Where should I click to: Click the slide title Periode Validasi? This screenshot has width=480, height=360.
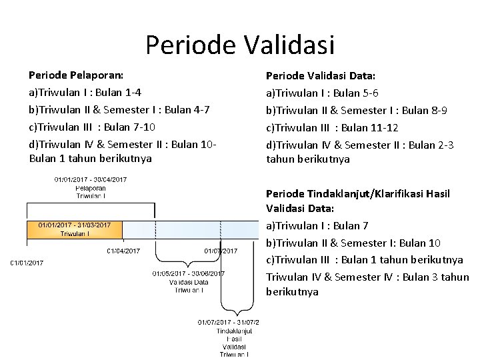240,46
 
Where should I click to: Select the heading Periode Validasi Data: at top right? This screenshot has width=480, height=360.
320,76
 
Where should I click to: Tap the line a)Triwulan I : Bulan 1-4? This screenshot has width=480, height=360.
84,92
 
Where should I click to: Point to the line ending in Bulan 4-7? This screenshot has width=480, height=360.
110,109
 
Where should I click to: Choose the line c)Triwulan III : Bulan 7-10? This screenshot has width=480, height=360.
92,127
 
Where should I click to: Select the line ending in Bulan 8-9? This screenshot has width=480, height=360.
357,110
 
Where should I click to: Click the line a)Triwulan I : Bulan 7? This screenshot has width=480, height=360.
317,226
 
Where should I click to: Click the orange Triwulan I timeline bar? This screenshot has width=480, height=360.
75,229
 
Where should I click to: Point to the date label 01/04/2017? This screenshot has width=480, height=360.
123,251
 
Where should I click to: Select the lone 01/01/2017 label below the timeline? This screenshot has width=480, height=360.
27,263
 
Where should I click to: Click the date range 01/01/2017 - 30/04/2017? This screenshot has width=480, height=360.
91,179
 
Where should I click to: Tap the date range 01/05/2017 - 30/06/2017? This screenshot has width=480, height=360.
189,273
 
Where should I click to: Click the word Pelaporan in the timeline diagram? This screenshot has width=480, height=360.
91,188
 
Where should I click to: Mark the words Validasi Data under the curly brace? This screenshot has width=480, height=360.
189,282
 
